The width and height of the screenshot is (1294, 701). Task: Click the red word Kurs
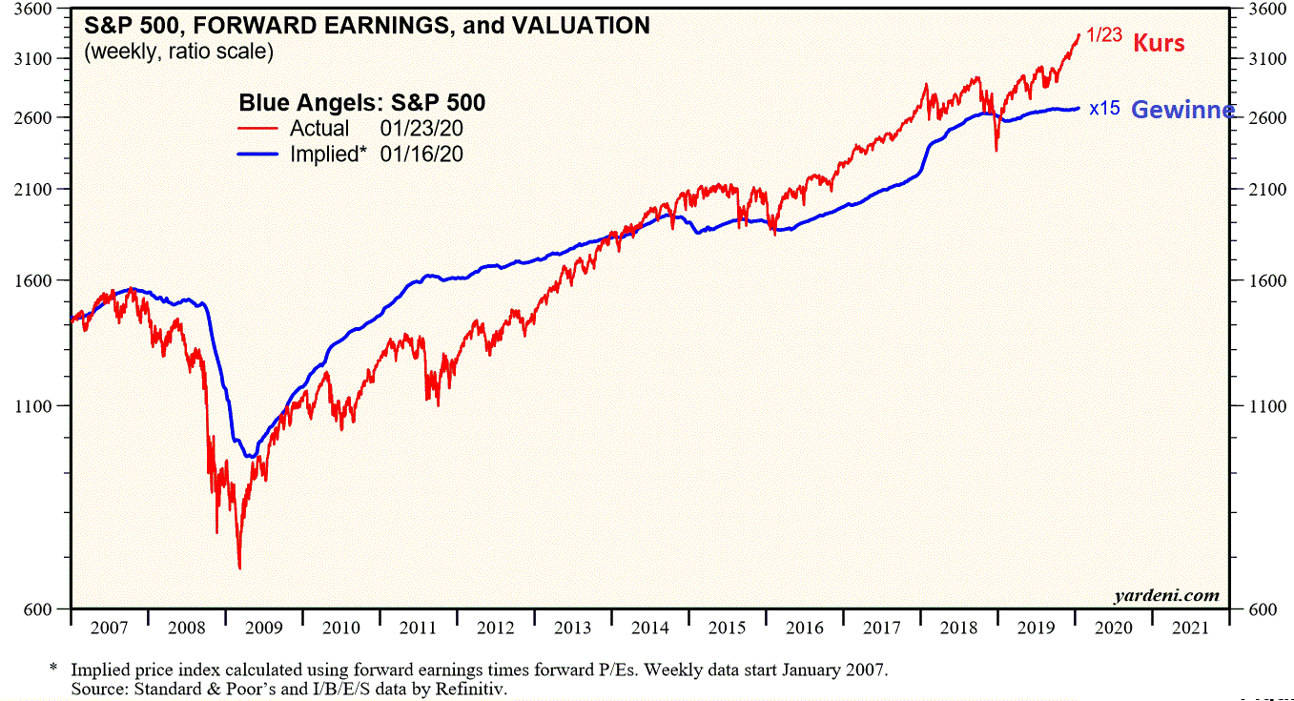pyautogui.click(x=1159, y=43)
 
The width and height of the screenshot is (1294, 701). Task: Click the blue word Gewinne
pyautogui.click(x=1182, y=110)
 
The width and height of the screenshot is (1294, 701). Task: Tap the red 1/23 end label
pyautogui.click(x=1104, y=35)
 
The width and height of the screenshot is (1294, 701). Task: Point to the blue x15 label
pyautogui.click(x=1104, y=109)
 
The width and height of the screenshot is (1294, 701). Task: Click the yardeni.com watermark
pyautogui.click(x=1166, y=596)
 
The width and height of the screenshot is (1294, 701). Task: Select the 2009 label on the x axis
pyautogui.click(x=264, y=628)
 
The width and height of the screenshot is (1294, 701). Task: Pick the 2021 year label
pyautogui.click(x=1190, y=628)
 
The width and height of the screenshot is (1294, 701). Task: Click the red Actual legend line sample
pyautogui.click(x=257, y=128)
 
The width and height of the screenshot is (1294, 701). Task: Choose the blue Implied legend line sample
pyautogui.click(x=257, y=154)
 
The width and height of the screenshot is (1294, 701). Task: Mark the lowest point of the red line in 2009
pyautogui.click(x=239, y=568)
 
